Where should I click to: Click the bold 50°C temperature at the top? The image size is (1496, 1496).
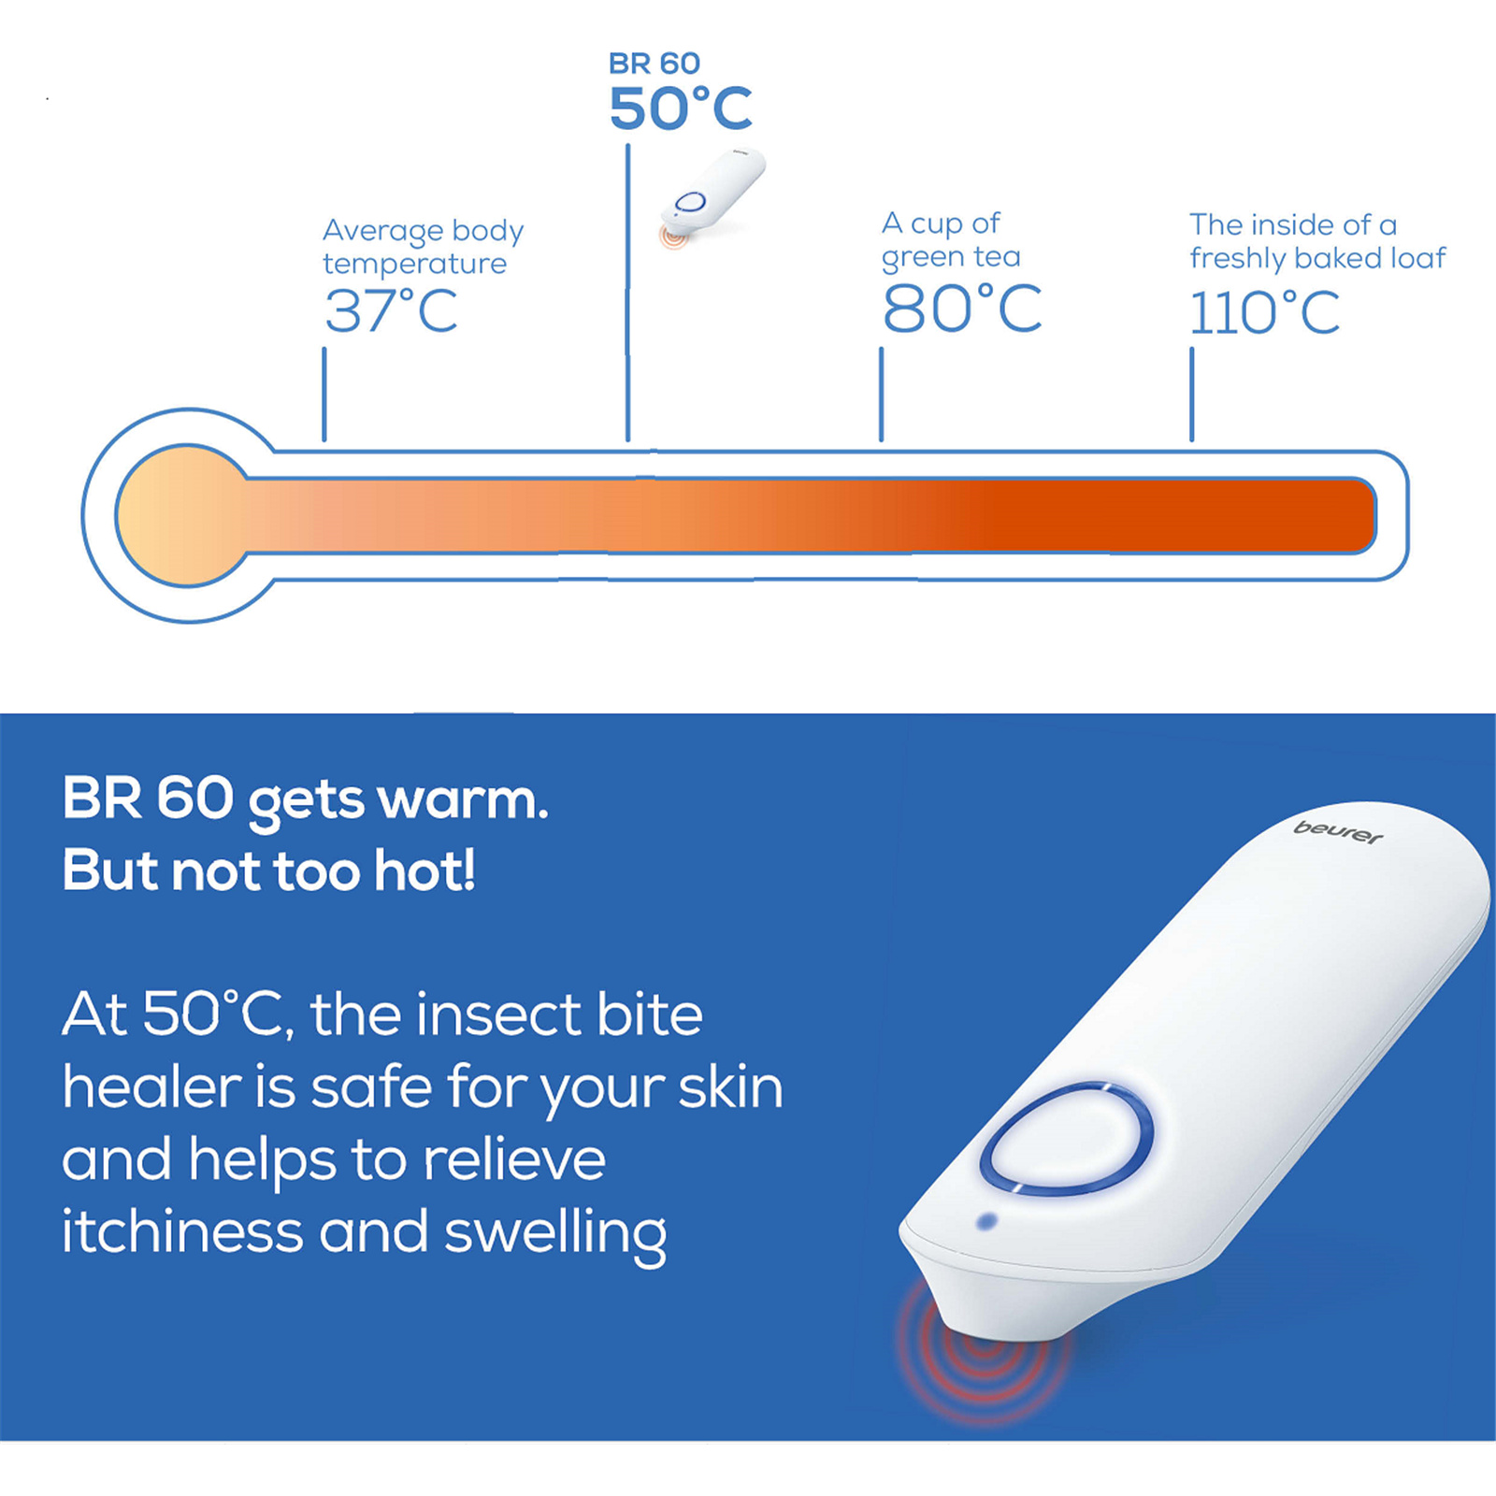(x=681, y=108)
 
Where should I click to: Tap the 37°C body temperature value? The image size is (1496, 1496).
(x=391, y=311)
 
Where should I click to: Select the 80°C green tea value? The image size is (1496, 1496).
(x=962, y=309)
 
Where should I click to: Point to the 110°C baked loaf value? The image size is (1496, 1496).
(x=1264, y=312)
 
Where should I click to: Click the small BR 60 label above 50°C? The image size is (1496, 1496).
(x=654, y=64)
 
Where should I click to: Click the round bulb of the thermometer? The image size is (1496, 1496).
(x=187, y=515)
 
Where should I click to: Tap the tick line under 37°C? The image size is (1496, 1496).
(x=324, y=394)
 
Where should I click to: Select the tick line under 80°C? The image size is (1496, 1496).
(x=881, y=394)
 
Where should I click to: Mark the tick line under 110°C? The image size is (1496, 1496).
(x=1191, y=394)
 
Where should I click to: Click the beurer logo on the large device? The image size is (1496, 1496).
(x=1338, y=831)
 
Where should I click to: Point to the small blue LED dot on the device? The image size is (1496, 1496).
(x=985, y=1221)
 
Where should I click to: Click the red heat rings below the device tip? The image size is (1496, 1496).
(x=982, y=1351)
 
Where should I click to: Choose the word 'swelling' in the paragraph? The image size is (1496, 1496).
(x=555, y=1234)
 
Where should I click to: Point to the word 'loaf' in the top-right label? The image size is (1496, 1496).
(x=1418, y=257)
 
